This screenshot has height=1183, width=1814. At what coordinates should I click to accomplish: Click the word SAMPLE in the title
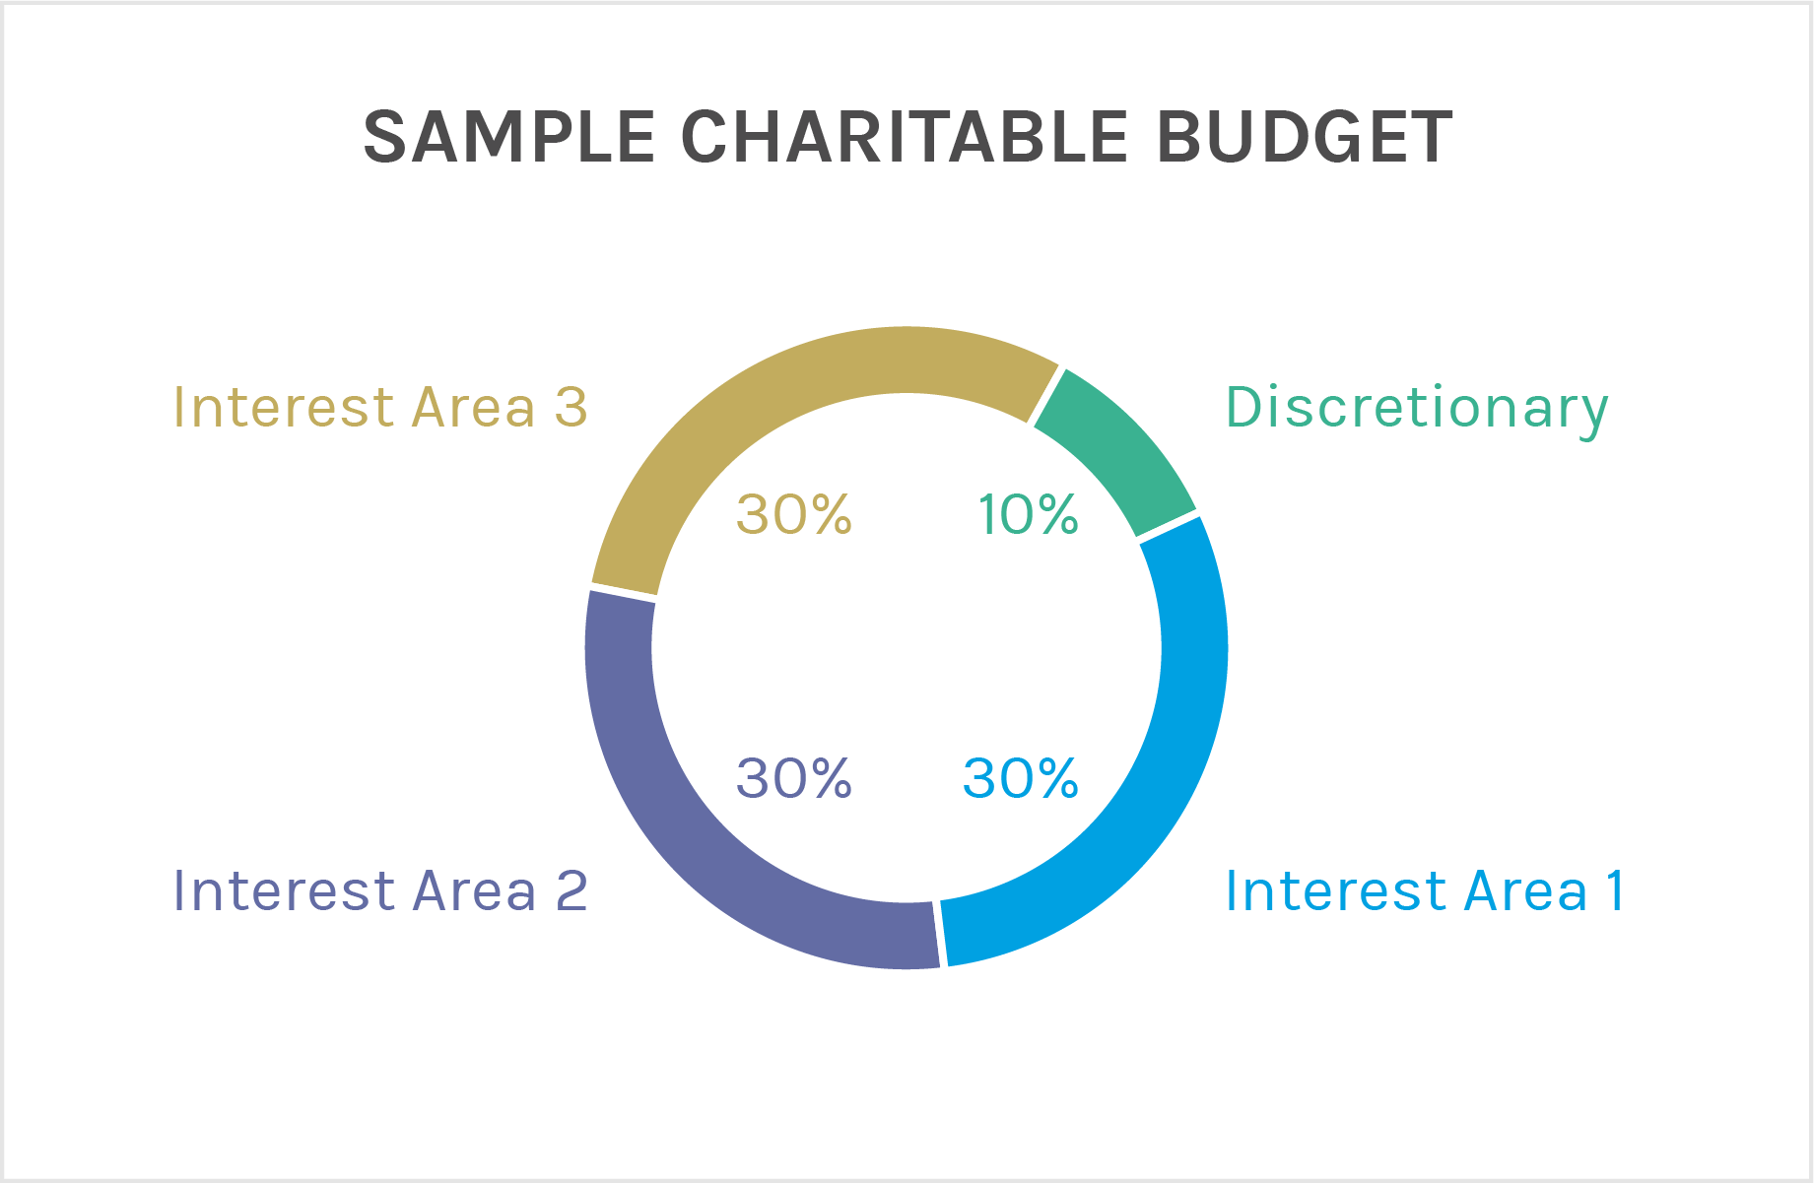pos(508,137)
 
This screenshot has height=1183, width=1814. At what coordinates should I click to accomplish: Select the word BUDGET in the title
pos(1304,137)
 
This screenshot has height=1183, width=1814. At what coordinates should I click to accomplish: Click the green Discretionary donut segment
pos(1118,448)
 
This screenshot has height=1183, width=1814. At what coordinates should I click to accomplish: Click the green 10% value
pos(1028,515)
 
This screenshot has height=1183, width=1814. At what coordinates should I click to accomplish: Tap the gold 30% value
pos(793,515)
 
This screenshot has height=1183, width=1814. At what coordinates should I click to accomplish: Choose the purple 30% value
pos(793,779)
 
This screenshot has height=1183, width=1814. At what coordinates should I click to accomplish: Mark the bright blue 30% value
pos(1020,779)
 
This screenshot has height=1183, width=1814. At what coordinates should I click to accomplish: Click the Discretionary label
pos(1416,408)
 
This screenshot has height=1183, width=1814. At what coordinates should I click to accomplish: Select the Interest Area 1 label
pos(1424,891)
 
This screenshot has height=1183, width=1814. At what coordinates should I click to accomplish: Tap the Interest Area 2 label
pos(380,891)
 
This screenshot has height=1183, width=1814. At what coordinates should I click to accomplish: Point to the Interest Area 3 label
pos(380,408)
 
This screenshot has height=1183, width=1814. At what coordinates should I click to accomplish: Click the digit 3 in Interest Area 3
pos(571,408)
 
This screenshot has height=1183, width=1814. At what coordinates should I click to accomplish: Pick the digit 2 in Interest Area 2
pos(571,891)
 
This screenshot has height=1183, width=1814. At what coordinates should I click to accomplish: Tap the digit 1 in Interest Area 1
pos(1614,891)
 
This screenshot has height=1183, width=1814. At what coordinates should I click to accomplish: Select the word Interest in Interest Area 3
pos(284,408)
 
